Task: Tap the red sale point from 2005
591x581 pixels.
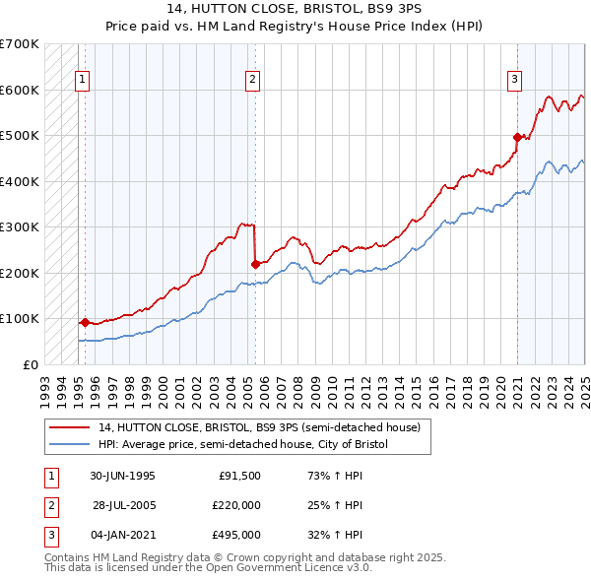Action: (255, 264)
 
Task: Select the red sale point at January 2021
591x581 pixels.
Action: (518, 137)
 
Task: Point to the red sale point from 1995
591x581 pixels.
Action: (85, 322)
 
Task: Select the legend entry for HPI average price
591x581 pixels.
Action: (242, 444)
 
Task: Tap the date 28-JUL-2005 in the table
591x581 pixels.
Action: (123, 505)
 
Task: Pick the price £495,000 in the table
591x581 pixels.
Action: (236, 535)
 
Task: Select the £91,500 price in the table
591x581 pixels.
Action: (239, 476)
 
